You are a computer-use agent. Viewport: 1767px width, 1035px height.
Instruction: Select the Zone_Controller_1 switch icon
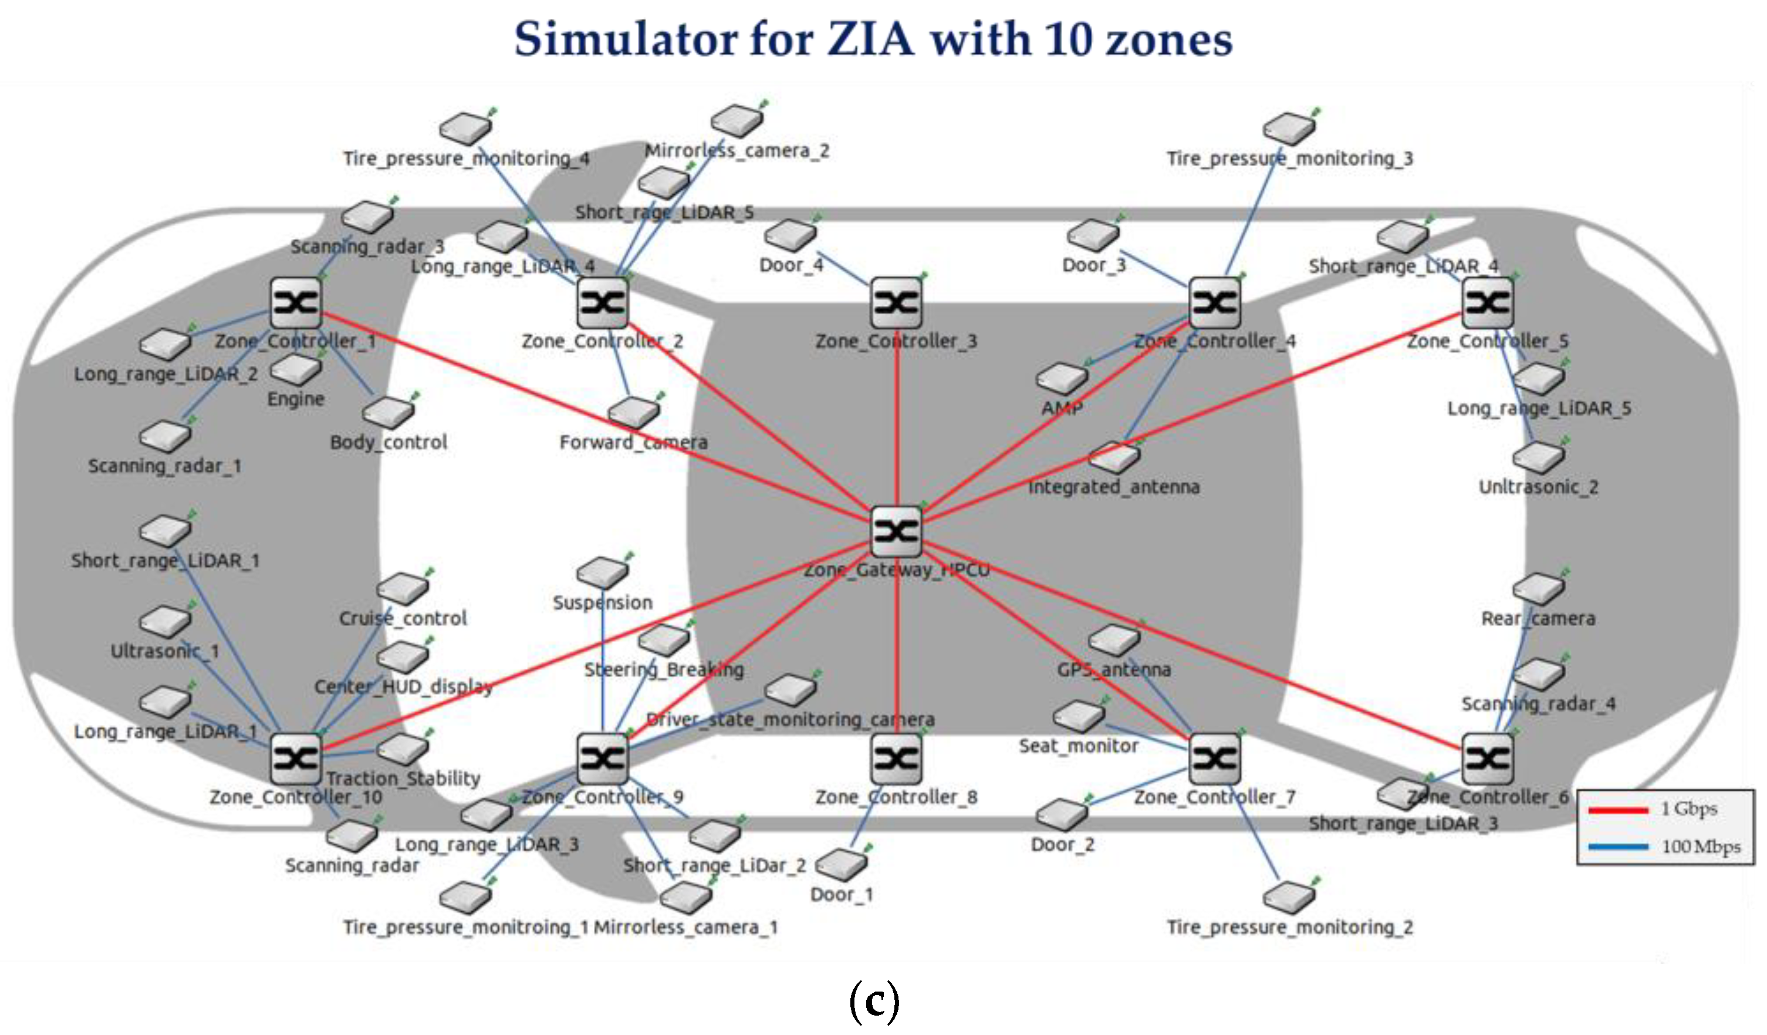pyautogui.click(x=296, y=303)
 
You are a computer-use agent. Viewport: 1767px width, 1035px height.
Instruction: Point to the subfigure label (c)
pyautogui.click(x=874, y=1002)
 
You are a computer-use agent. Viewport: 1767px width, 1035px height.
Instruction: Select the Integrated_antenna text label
pyautogui.click(x=1113, y=487)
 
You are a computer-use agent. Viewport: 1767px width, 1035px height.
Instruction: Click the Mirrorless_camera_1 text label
pyautogui.click(x=686, y=928)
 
